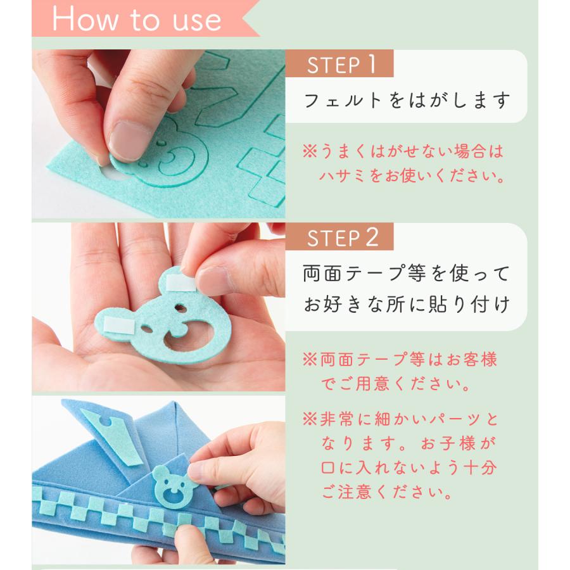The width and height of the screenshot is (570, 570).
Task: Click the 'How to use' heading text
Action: pos(137,19)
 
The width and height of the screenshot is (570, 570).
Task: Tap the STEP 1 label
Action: pos(341,65)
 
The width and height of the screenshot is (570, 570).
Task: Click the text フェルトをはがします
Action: pos(407,100)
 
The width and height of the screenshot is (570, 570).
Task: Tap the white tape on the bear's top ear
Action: pos(180,283)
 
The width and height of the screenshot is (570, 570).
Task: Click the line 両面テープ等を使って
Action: pos(406,274)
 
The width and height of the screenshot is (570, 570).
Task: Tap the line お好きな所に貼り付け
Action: pos(407,304)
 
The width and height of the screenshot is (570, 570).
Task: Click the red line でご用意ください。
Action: pos(396,384)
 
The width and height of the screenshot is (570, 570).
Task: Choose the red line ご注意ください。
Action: pos(387,492)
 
